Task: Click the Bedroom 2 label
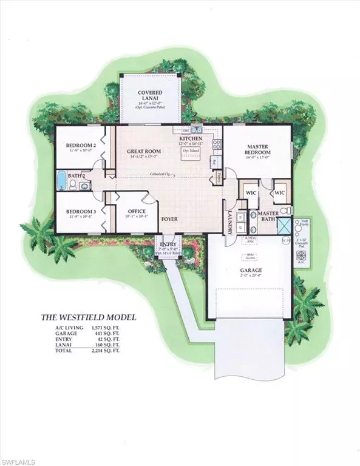tap(82, 146)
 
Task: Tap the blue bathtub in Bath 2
tap(62, 180)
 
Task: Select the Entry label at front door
tap(168, 242)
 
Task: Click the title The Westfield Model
tap(89, 317)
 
